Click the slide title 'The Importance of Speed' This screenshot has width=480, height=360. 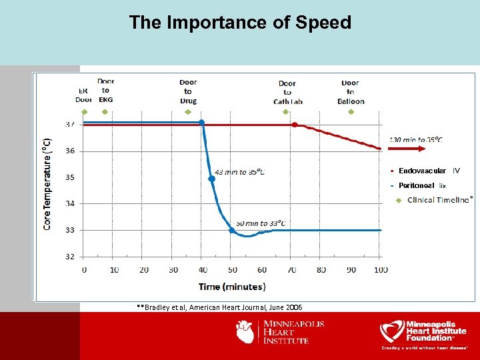point(240,23)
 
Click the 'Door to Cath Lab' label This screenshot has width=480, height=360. point(287,93)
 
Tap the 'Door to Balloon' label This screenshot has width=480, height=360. point(351,92)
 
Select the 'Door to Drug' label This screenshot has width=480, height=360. point(188,92)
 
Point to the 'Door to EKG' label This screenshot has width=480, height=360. point(105,90)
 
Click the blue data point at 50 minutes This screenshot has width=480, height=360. point(232,230)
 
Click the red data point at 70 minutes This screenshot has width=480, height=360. point(294,125)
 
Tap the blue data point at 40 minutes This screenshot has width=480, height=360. point(202,123)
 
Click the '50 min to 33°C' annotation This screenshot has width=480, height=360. point(261,223)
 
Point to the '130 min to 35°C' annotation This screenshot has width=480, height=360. point(416,139)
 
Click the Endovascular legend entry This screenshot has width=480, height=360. point(422,171)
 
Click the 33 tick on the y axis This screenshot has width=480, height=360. point(69,230)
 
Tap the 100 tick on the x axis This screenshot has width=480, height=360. point(381,270)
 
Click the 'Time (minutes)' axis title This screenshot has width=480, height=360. point(232,287)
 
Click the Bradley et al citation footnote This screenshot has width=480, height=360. point(219,307)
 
